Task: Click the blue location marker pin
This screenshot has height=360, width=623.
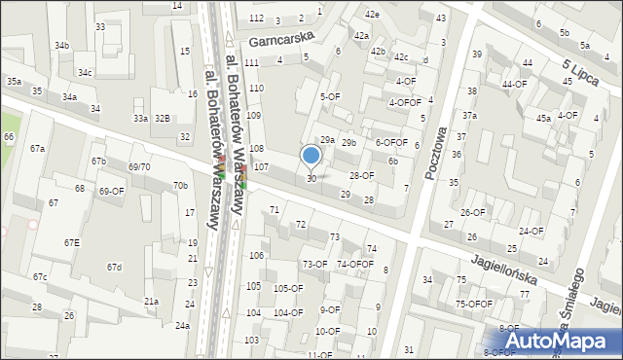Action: (x=311, y=156)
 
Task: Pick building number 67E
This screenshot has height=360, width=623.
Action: (x=72, y=242)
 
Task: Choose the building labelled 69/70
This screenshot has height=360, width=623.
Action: (x=139, y=167)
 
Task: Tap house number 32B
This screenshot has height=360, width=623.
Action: (x=162, y=119)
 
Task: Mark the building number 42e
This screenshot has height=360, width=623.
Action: (x=372, y=15)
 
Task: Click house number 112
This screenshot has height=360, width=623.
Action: (x=256, y=18)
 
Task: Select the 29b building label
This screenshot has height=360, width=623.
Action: (x=348, y=143)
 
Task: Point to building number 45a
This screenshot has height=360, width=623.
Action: (x=543, y=118)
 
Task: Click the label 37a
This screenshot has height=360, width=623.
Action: (x=470, y=116)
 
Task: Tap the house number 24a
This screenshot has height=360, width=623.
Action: (x=182, y=326)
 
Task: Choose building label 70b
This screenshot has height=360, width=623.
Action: (x=180, y=186)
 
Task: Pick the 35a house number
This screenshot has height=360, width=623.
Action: (x=14, y=82)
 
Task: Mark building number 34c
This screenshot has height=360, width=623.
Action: (x=86, y=73)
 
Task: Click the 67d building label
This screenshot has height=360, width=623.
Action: (x=114, y=267)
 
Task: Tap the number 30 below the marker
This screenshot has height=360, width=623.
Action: (x=311, y=178)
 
